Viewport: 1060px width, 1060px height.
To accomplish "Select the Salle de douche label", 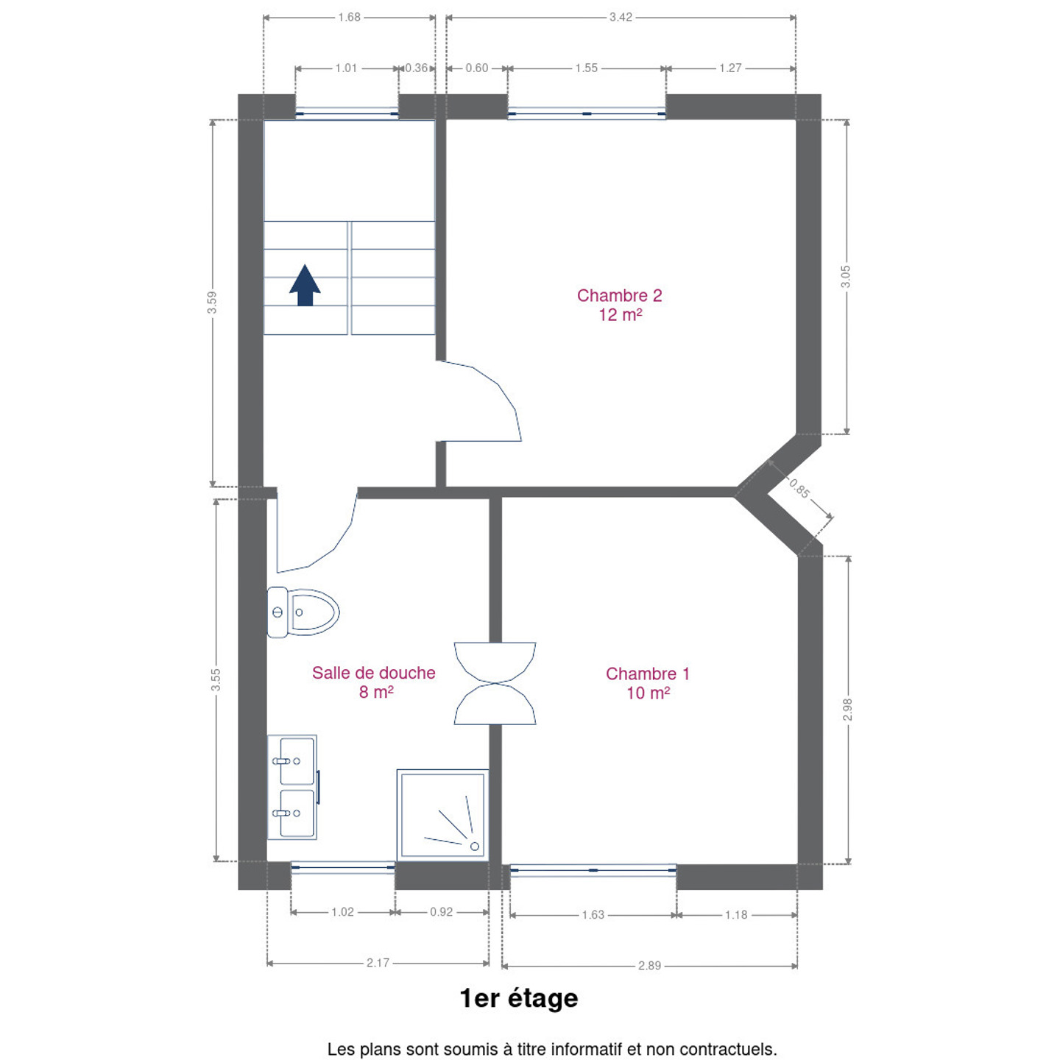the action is (x=373, y=672).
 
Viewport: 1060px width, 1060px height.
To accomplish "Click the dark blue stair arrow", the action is (x=305, y=285).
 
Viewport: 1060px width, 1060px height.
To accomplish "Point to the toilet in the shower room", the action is (x=303, y=612).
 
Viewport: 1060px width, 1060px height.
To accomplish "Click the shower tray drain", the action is (x=475, y=846).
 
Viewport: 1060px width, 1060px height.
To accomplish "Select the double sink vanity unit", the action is (x=293, y=787).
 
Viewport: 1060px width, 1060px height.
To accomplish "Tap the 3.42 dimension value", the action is (x=621, y=18).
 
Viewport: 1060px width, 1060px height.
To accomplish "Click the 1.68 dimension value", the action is (x=350, y=18).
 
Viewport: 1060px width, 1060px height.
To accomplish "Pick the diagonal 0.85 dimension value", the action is (x=799, y=488).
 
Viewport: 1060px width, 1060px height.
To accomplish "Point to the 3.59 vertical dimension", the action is (x=212, y=303).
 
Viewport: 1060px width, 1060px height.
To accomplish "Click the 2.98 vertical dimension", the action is (x=847, y=709).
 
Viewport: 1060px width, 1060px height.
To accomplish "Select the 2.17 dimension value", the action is (x=378, y=963).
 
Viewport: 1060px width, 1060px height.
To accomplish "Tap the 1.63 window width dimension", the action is (x=593, y=915).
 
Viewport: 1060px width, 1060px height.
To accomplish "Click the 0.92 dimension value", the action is (x=441, y=912).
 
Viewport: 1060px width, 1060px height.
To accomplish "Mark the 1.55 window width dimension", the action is (x=587, y=68).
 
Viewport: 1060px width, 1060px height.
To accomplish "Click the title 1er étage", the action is (x=519, y=999).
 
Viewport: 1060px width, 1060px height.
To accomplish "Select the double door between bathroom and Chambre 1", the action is (x=495, y=683).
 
